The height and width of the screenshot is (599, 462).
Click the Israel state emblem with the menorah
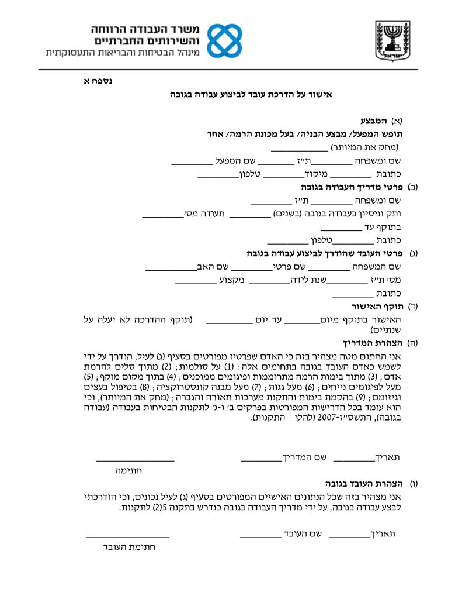pos(393,39)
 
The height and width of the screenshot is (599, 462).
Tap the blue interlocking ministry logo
pos(225,40)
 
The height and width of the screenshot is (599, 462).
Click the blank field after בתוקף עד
pos(341,229)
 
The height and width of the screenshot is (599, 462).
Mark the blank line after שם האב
pos(170,270)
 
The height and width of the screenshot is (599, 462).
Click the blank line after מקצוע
pos(196,283)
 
